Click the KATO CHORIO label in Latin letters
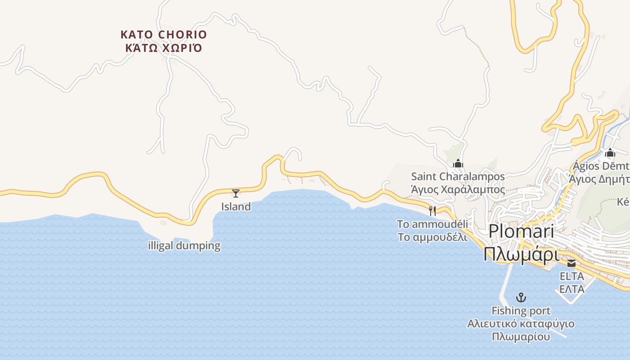coord(164,35)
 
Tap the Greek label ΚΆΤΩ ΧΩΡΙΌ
coord(164,48)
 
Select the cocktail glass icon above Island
coord(236,193)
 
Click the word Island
coord(236,207)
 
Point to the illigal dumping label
coord(184,246)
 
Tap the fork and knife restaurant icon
coord(432,211)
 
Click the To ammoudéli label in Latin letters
coord(432,224)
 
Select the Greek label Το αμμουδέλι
coord(432,237)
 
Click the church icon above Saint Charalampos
coord(458,163)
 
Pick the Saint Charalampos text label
coord(458,176)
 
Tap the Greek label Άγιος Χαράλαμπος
coord(458,189)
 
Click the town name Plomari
coord(521,231)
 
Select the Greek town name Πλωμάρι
coord(521,255)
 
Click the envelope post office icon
coord(571,263)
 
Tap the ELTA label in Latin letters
coord(571,276)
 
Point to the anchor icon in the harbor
coord(521,297)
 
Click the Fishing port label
coord(521,310)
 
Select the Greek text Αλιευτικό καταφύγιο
coord(521,324)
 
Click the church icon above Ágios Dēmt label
coord(610,153)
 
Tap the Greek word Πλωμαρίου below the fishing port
coord(521,337)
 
